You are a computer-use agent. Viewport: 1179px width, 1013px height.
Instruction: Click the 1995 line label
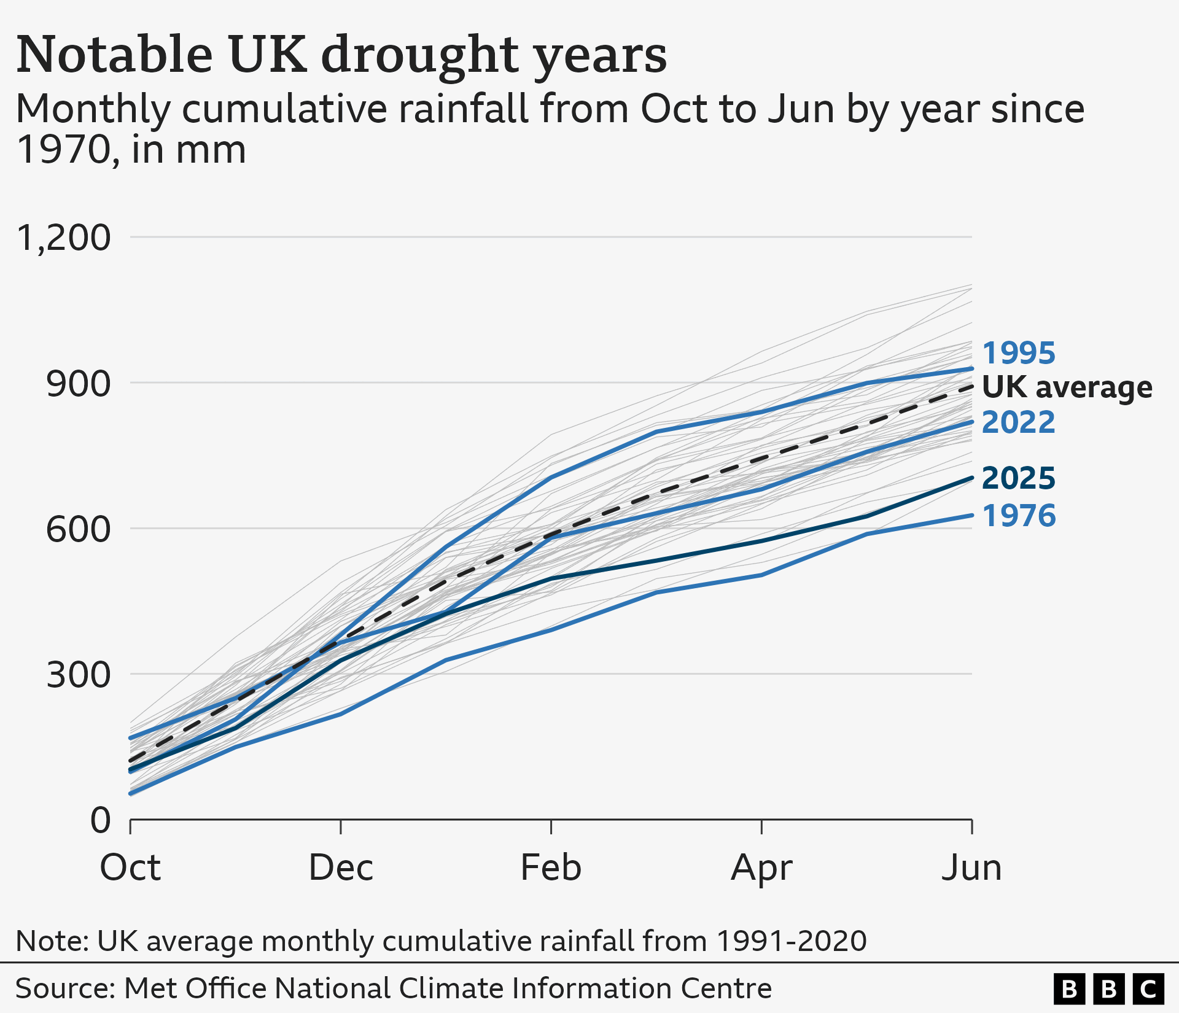[1018, 353]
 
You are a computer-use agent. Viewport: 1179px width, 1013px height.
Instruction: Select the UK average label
[1067, 387]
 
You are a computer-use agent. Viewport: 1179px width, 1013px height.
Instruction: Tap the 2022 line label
[1018, 422]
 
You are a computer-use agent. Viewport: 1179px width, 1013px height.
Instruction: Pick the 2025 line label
[1018, 478]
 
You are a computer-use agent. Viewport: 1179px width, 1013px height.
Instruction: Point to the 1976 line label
[1019, 516]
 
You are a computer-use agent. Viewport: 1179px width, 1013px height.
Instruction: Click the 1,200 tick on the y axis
[64, 238]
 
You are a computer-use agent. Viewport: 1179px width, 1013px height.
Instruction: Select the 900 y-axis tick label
[78, 384]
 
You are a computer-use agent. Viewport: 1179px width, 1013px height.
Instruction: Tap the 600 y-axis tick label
[78, 529]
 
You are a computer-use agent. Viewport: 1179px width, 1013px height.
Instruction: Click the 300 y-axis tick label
[78, 675]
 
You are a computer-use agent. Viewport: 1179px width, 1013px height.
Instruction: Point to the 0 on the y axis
[101, 820]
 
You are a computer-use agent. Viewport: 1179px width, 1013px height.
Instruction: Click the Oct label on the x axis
[130, 867]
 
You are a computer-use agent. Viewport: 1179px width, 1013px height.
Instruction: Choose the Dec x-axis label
[341, 867]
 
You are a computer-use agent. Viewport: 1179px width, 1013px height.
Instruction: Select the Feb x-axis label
[551, 867]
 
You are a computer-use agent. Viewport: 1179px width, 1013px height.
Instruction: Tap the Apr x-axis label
[761, 869]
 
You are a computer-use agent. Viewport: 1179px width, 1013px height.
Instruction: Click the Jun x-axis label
[971, 867]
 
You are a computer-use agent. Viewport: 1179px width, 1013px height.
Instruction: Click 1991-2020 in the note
[792, 941]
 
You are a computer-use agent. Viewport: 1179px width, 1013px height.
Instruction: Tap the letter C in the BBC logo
[1148, 989]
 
